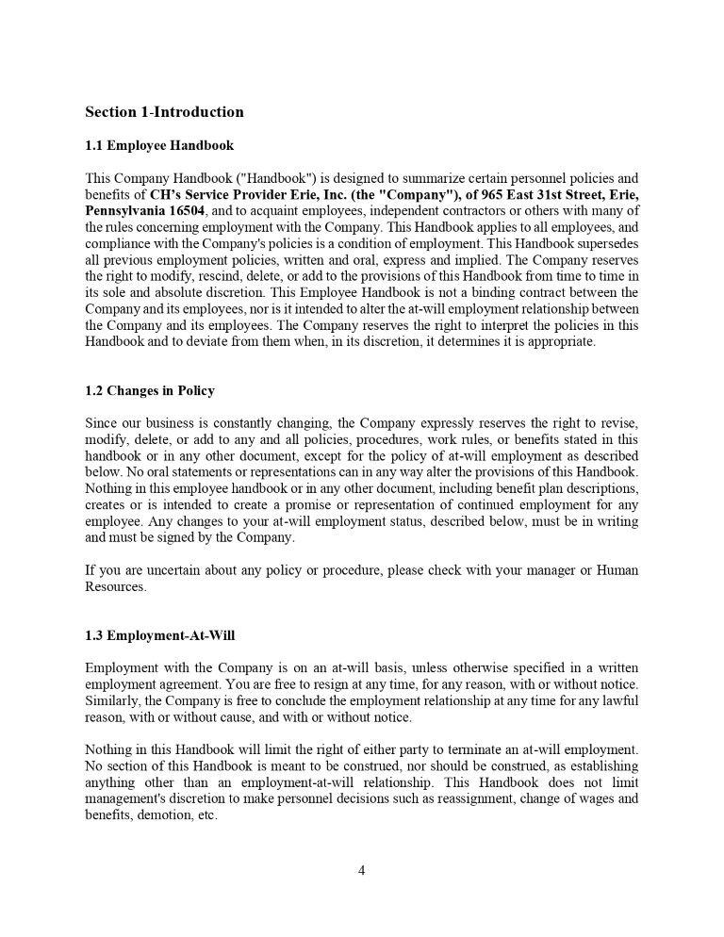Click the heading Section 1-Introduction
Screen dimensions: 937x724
coord(164,112)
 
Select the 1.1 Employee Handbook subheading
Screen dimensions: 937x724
coord(159,146)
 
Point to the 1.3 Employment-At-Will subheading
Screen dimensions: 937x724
coord(159,634)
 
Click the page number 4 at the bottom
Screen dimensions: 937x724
coord(361,870)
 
